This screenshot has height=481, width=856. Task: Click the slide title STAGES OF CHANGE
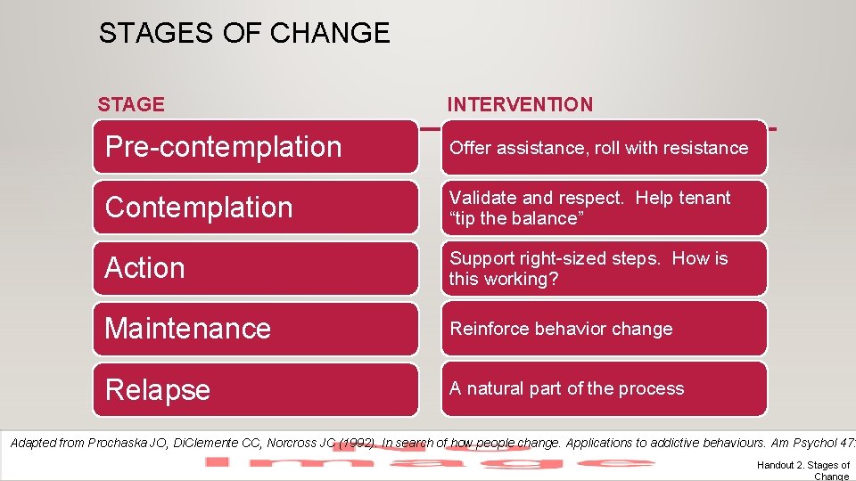(244, 34)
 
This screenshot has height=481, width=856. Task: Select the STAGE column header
(131, 104)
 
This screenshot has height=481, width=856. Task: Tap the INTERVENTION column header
(520, 104)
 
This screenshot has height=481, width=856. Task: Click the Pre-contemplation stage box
(255, 147)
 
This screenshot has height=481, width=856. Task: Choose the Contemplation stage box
(255, 208)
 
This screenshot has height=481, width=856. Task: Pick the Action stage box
(255, 268)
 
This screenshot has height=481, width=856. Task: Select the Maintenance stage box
(255, 329)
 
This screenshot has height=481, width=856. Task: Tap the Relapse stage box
(255, 389)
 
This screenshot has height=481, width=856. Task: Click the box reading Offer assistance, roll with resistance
(604, 148)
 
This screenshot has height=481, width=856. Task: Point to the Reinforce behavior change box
(604, 329)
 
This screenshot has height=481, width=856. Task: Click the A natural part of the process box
(604, 389)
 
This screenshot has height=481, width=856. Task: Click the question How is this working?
(588, 269)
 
